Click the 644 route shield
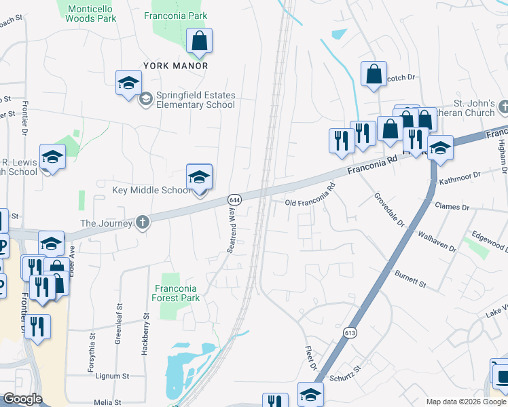coord(234,200)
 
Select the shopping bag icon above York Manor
coord(200,42)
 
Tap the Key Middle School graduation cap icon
coord(199,178)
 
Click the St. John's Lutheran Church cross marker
coord(503,107)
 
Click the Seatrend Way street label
coord(232,231)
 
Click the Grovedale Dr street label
coord(389,210)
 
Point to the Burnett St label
coord(410,278)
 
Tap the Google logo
coord(22,399)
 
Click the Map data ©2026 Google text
coord(465,402)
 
